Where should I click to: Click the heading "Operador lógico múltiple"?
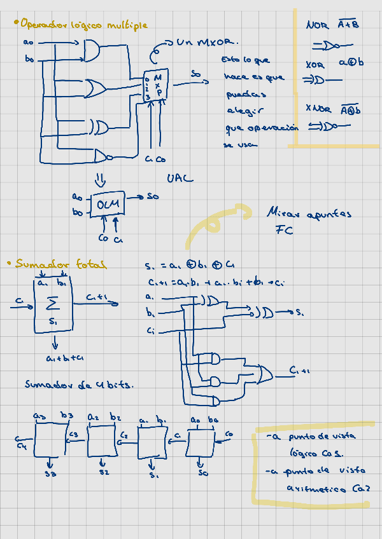pos(83,25)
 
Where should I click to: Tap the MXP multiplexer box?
pos(155,85)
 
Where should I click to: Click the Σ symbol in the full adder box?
pos(53,303)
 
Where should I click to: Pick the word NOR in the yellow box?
pos(317,25)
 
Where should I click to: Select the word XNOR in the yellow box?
pos(318,109)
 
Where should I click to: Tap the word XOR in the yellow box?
pos(315,65)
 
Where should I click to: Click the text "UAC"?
pos(180,179)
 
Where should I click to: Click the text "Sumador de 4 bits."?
pos(79,385)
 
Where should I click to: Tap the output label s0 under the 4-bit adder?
pos(202,474)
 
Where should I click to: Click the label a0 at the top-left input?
pos(28,42)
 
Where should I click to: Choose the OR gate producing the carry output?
pos(264,374)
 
